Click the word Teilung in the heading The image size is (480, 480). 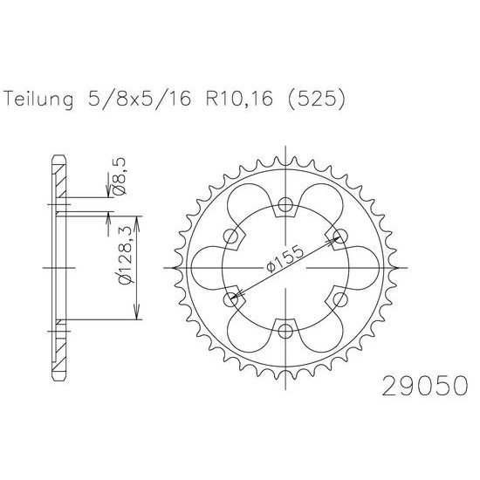pyautogui.click(x=39, y=99)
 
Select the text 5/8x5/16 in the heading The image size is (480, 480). pyautogui.click(x=140, y=99)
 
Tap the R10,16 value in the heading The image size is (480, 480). pyautogui.click(x=239, y=99)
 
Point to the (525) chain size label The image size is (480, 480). pyautogui.click(x=316, y=99)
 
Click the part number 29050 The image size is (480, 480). pyautogui.click(x=425, y=386)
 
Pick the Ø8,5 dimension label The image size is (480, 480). pyautogui.click(x=119, y=176)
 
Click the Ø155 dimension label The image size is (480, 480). pyautogui.click(x=285, y=259)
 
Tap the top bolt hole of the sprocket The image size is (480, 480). pyautogui.click(x=285, y=204)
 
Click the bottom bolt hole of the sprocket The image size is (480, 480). pyautogui.click(x=285, y=332)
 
